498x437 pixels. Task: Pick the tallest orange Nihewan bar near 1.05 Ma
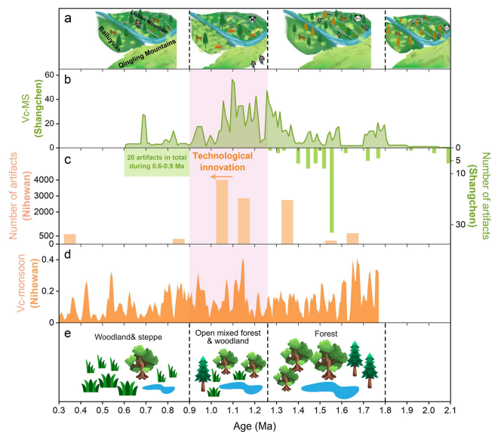[x=222, y=212]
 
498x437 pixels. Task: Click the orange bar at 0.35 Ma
[x=69, y=239]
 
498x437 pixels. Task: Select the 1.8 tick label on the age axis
[x=386, y=410]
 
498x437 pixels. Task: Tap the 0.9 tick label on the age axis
[x=189, y=410]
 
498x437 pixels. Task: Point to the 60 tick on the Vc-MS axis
[x=50, y=75]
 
